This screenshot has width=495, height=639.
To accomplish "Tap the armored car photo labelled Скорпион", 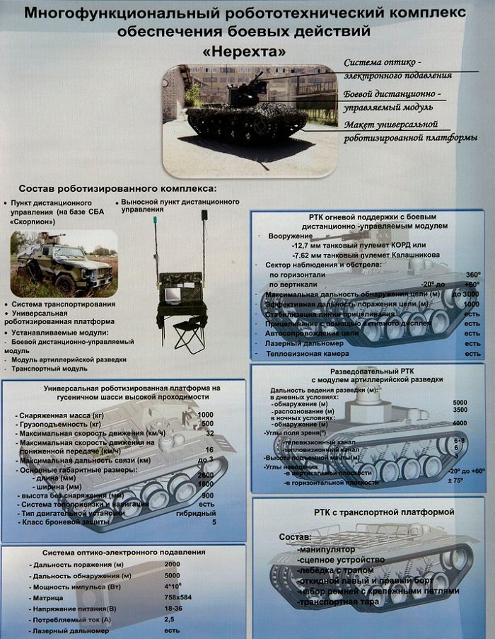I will tap(64, 263).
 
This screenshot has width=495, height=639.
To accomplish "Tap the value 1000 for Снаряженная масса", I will tap(206, 414).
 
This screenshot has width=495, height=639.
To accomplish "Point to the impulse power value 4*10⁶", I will tap(174, 586).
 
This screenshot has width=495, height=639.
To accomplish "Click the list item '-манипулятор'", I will tap(327, 549).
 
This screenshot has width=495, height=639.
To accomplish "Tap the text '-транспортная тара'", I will tap(339, 601).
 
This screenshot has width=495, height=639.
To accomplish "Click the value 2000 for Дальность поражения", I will tap(173, 564).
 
